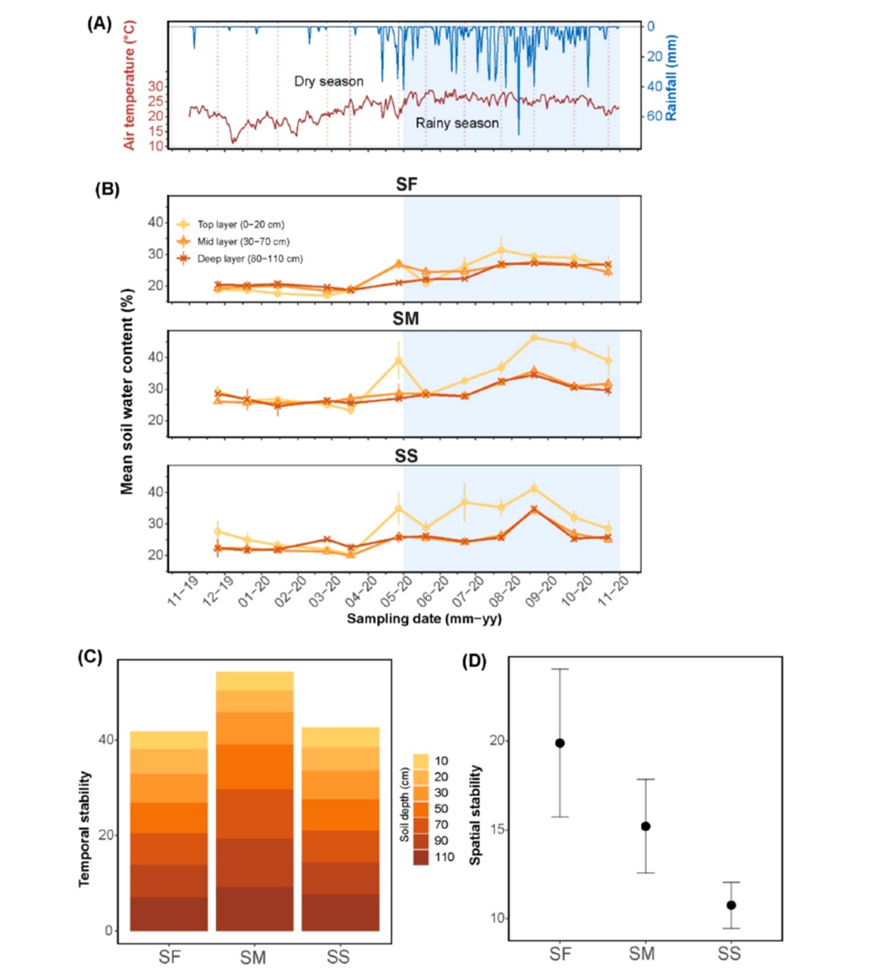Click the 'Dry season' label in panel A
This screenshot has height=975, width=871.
pos(328,81)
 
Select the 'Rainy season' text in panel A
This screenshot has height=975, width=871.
pos(456,123)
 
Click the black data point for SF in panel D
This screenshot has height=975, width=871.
pos(559,742)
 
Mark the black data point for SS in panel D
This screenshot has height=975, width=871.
pos(731,905)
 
